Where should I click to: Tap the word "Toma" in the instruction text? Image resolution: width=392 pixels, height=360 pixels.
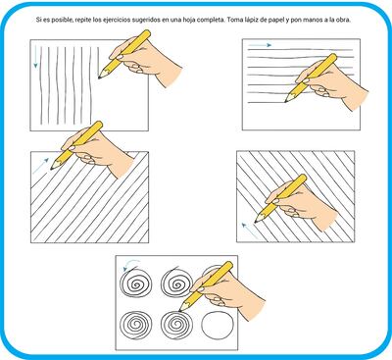pyautogui.click(x=234, y=20)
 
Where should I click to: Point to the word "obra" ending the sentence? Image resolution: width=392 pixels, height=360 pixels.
pyautogui.click(x=344, y=20)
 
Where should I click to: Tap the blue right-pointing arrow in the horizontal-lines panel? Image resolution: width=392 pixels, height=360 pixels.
pyautogui.click(x=260, y=45)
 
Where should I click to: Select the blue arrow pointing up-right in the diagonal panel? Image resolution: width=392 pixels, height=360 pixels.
pyautogui.click(x=41, y=166)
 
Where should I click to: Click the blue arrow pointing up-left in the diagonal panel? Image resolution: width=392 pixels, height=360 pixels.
pyautogui.click(x=250, y=231)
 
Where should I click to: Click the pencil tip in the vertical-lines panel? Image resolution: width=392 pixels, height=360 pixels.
pyautogui.click(x=99, y=77)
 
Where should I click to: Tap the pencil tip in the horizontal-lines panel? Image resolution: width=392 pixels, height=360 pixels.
pyautogui.click(x=285, y=101)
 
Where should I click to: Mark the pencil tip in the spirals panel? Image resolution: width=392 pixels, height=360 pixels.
pyautogui.click(x=180, y=309)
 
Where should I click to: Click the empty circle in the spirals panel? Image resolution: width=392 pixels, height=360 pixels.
pyautogui.click(x=218, y=325)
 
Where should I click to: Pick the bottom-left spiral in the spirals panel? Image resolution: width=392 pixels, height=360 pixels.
pyautogui.click(x=136, y=325)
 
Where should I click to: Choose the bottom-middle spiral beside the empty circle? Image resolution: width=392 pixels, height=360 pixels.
pyautogui.click(x=176, y=325)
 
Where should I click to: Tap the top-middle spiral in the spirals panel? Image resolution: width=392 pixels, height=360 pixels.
pyautogui.click(x=176, y=283)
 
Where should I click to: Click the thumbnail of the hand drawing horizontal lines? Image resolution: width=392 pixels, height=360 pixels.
pyautogui.click(x=301, y=84)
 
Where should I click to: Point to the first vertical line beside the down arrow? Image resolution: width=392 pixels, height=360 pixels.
pyautogui.click(x=41, y=85)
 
